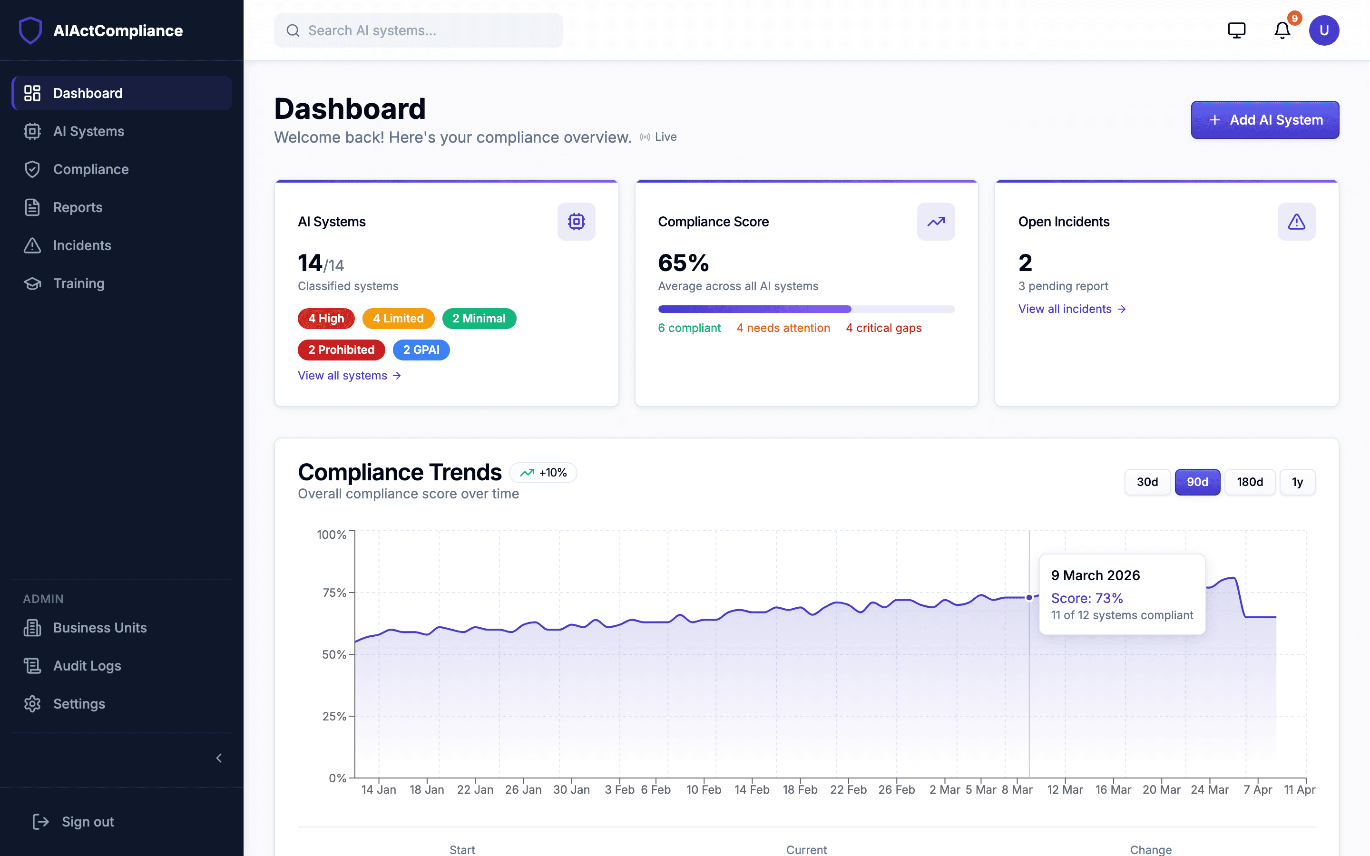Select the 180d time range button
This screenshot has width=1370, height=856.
[x=1250, y=482]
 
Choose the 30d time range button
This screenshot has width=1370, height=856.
[x=1147, y=482]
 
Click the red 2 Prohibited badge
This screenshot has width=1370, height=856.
[x=341, y=350]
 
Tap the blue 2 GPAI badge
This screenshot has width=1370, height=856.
[x=421, y=350]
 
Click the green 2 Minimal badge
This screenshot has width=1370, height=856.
[x=479, y=318]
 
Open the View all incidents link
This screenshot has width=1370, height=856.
[x=1071, y=309]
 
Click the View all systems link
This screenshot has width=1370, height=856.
[x=349, y=376]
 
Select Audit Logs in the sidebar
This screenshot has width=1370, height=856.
[x=87, y=666]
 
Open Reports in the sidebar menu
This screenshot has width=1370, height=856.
[x=78, y=207]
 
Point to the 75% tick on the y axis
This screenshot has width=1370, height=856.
[x=334, y=593]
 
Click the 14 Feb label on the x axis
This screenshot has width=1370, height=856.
[x=751, y=789]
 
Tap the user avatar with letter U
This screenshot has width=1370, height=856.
[x=1323, y=30]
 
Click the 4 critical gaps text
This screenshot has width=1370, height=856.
[x=883, y=328]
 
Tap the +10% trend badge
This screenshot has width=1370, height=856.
[x=543, y=473]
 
